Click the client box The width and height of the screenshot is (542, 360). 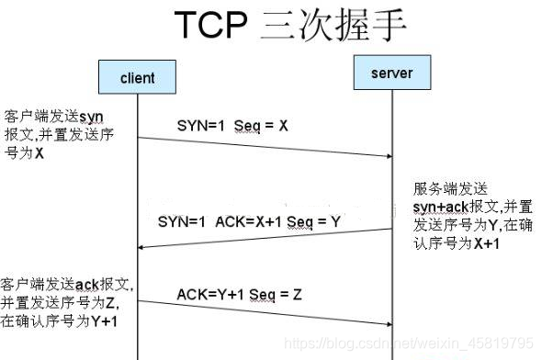point(138,78)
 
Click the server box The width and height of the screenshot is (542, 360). point(392,73)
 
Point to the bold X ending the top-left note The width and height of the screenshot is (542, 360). point(40,153)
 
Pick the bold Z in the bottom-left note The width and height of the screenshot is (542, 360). point(111,302)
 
